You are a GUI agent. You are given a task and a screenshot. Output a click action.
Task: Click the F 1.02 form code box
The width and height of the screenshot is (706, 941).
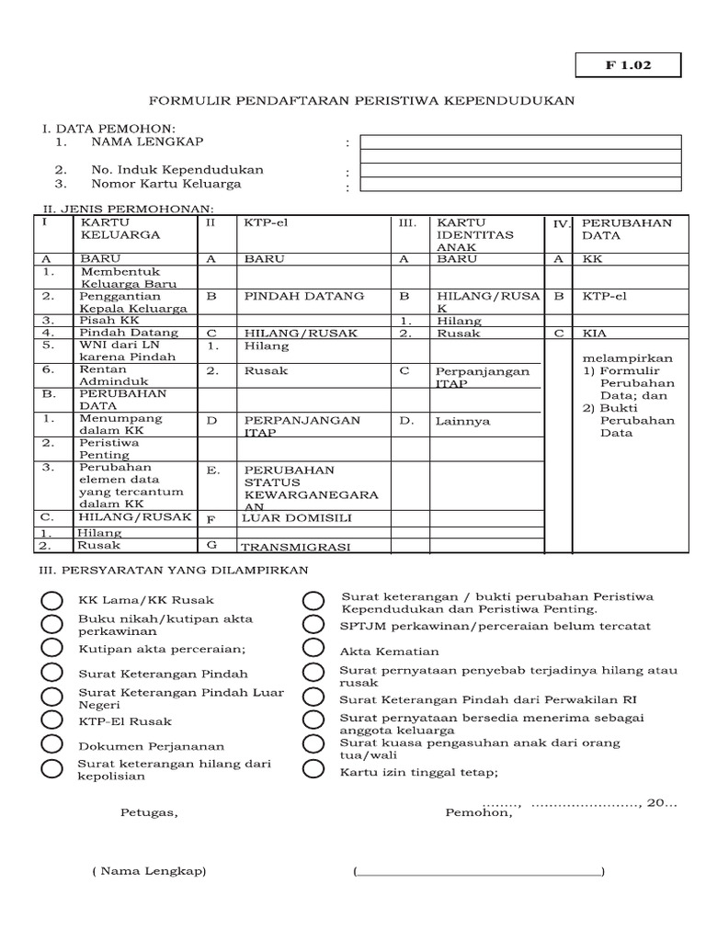coord(628,66)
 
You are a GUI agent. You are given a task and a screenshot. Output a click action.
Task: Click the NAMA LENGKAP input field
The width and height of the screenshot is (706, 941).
coord(520,142)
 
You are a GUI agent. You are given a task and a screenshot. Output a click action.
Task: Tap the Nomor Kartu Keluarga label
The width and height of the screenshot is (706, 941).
coord(165,184)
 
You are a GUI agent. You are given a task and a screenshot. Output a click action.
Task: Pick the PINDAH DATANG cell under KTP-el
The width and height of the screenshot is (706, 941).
coord(304,296)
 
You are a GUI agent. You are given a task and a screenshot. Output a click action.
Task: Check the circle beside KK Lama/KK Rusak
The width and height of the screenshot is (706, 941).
coord(51,601)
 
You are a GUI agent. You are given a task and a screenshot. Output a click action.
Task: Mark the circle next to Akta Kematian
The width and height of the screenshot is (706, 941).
coord(313,651)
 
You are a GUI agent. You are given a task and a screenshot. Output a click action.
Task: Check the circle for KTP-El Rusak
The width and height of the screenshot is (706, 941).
coord(51,722)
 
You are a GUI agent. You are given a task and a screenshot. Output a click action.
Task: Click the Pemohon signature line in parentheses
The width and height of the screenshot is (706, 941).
coord(477,871)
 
